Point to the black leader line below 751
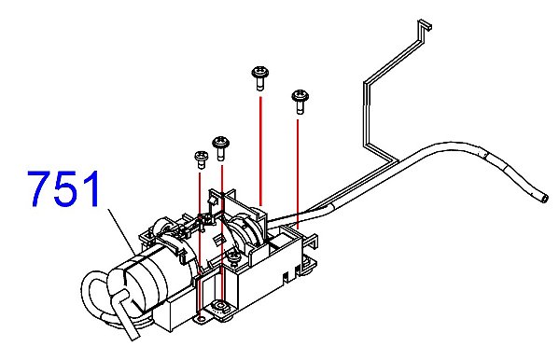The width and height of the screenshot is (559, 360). (122, 232)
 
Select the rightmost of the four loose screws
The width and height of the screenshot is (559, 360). (300, 102)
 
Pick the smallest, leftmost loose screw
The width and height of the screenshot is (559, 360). (201, 159)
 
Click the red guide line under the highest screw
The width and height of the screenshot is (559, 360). (261, 151)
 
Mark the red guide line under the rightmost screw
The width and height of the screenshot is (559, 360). (298, 173)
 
